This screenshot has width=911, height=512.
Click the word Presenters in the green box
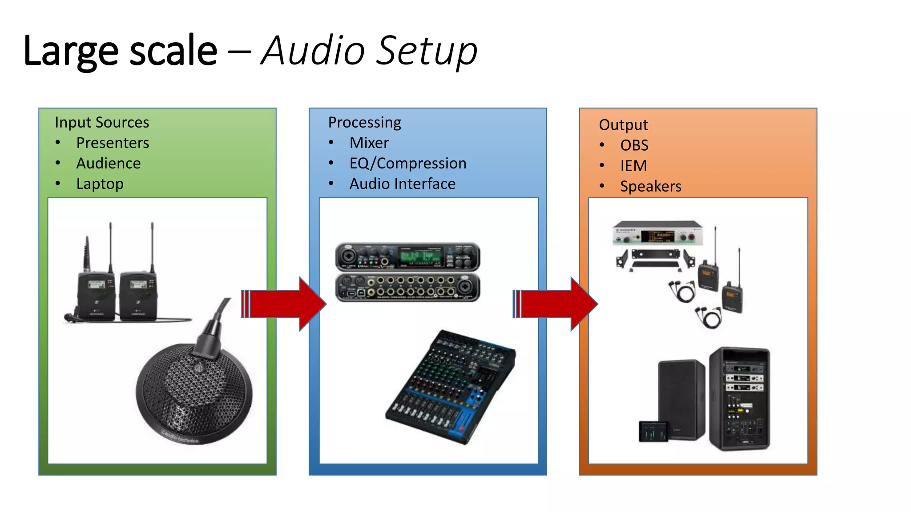[112, 143]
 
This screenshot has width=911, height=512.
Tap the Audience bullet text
[108, 164]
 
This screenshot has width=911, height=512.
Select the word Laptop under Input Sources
[100, 184]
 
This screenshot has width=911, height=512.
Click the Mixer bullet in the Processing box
[369, 143]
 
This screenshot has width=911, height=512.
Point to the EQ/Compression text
[407, 164]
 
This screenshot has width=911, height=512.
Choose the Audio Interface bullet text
[402, 184]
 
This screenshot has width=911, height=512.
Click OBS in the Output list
[634, 145]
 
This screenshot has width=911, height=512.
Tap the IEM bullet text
[633, 166]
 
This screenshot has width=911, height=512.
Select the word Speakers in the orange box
[650, 186]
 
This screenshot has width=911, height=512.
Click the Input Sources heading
[102, 122]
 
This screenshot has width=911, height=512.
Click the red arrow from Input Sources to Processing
[285, 304]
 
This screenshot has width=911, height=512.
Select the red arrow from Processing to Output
[556, 304]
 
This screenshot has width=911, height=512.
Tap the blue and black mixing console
[451, 387]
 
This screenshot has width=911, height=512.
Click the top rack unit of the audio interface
[407, 257]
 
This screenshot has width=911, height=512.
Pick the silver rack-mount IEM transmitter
[657, 234]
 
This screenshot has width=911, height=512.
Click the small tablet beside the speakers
[653, 431]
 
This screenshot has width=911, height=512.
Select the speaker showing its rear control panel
[739, 399]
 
